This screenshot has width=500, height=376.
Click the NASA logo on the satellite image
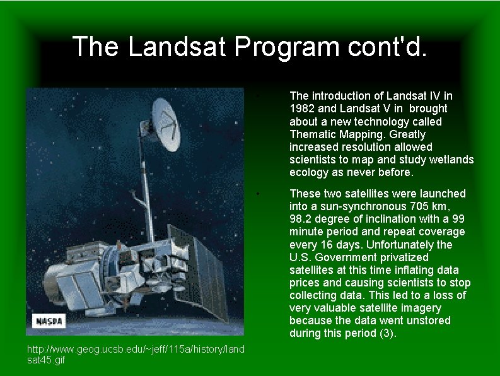click(x=49, y=320)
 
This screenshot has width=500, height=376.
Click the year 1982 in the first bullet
click(x=302, y=109)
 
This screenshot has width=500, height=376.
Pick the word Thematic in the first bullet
click(x=311, y=134)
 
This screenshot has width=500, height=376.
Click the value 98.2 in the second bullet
click(x=301, y=219)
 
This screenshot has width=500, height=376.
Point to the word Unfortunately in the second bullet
click(x=397, y=245)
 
